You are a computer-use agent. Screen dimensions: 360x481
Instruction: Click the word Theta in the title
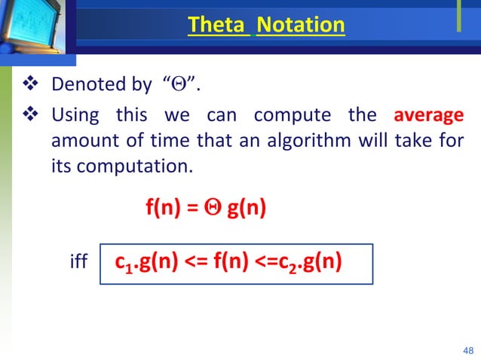tap(219, 25)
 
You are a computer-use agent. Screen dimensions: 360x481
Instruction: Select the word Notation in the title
tap(300, 25)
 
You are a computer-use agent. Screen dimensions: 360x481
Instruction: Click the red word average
tap(428, 116)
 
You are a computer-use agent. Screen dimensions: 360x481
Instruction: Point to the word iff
tap(78, 263)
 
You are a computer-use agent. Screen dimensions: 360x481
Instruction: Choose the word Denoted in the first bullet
tap(81, 83)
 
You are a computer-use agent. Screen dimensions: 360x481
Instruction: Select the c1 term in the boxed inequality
tap(125, 263)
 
